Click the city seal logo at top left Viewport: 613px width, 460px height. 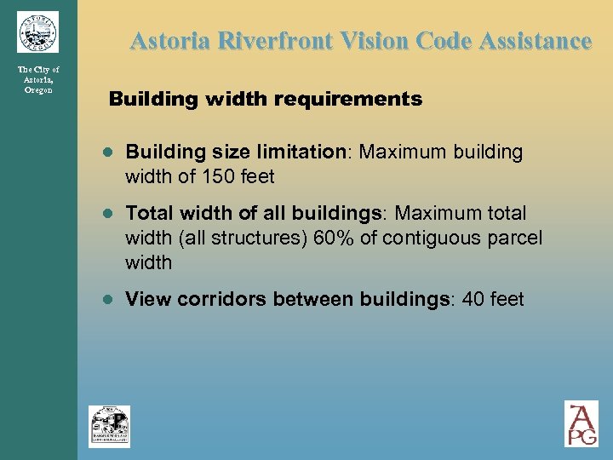pyautogui.click(x=37, y=32)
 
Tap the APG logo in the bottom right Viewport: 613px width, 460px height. pyautogui.click(x=581, y=423)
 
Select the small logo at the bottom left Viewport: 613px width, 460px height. pyautogui.click(x=109, y=426)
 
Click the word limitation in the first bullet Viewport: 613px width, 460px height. pyautogui.click(x=305, y=152)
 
